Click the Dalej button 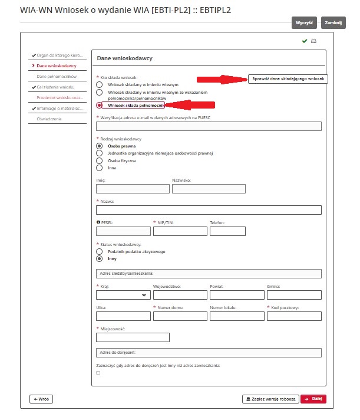point(313,399)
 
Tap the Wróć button point(41,399)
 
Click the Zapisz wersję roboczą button point(270,399)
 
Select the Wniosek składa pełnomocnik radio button point(100,105)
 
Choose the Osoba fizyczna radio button point(100,160)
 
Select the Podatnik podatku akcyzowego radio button point(100,251)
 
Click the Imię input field point(132,189)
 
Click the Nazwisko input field point(208,189)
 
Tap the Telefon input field point(227,231)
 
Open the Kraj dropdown point(123,295)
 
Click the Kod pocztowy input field point(293,316)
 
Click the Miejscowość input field point(132,337)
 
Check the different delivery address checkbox point(98,373)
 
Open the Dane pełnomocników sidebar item point(57,76)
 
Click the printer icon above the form point(314,41)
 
